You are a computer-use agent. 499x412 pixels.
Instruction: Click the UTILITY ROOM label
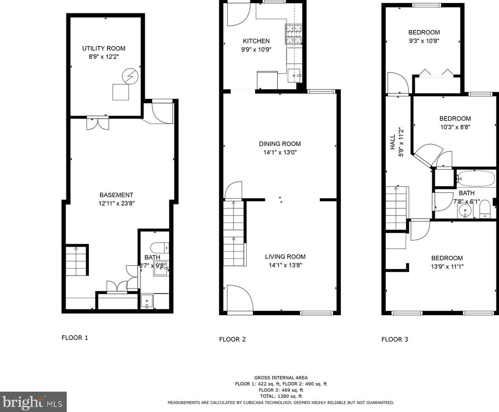tap(103, 48)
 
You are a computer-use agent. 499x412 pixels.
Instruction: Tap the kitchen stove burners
tap(293, 34)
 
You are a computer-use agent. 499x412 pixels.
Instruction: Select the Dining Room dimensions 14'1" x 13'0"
tap(280, 152)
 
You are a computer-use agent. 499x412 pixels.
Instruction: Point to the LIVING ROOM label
tap(285, 257)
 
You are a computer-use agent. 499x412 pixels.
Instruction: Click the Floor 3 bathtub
tap(477, 178)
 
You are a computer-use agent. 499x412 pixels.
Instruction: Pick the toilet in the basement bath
tap(160, 248)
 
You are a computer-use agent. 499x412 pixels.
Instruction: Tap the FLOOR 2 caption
tap(232, 339)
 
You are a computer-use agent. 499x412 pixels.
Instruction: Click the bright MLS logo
tap(33, 402)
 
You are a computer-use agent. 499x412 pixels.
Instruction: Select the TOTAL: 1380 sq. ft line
tap(281, 396)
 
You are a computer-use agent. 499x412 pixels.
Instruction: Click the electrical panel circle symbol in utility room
tap(130, 76)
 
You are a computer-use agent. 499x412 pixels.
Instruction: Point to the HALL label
tap(393, 142)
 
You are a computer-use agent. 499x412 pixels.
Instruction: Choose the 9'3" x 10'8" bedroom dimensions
tap(424, 41)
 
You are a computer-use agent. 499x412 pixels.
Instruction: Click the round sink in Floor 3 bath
tap(465, 211)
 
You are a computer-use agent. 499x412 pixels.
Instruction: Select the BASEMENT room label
tap(116, 195)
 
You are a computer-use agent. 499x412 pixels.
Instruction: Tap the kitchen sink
tap(294, 75)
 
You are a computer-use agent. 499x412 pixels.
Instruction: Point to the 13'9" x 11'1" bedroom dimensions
tap(447, 267)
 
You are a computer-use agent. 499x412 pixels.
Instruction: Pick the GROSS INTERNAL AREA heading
tap(281, 378)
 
